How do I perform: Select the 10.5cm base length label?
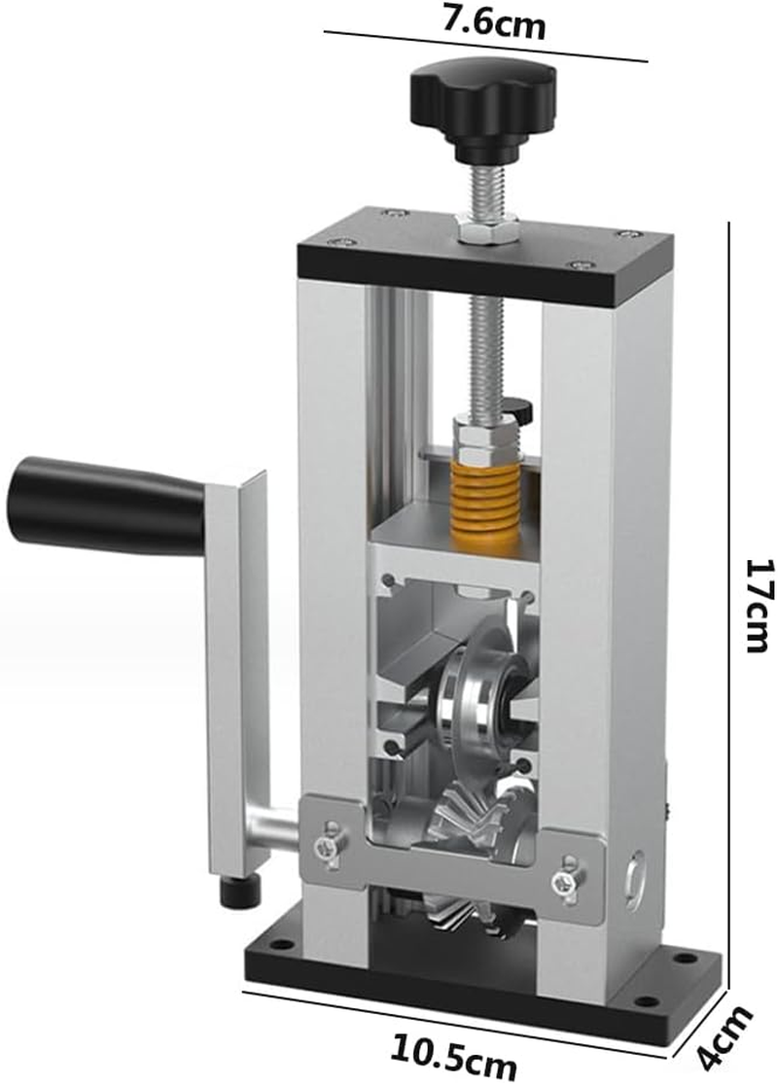tap(453, 1054)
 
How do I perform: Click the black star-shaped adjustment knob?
tap(482, 101)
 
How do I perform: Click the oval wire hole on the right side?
tap(635, 875)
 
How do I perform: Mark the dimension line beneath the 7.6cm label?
tap(486, 47)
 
